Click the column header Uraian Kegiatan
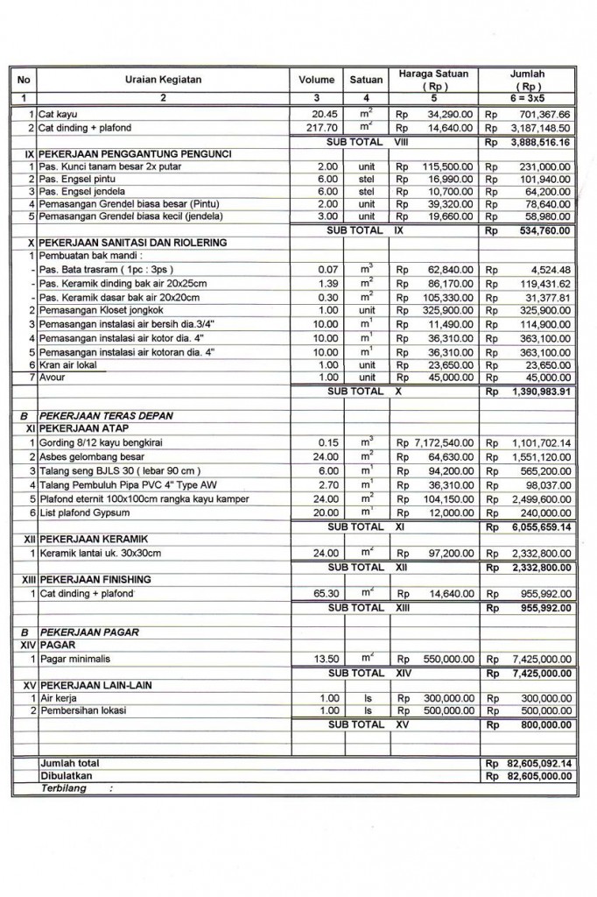[x=163, y=80]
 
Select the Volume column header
[x=316, y=80]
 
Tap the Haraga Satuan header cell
[x=433, y=74]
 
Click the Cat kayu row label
[x=58, y=115]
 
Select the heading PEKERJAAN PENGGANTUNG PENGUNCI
[x=135, y=154]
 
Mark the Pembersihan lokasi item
[x=82, y=710]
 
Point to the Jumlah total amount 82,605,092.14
[x=537, y=764]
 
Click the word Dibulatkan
[x=67, y=775]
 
